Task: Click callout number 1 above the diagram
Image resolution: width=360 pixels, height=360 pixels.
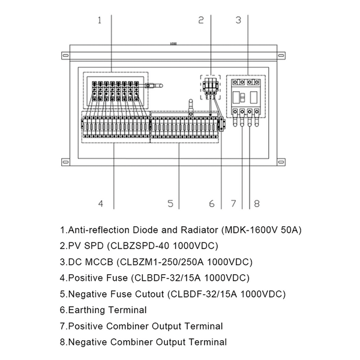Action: (x=100, y=20)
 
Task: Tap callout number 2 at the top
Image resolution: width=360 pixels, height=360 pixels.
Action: (x=201, y=20)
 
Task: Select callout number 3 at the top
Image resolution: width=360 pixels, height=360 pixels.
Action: (x=238, y=20)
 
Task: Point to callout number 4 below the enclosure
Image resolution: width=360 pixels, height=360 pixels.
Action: (x=101, y=204)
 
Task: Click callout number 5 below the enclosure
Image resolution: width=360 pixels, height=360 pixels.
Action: (x=170, y=204)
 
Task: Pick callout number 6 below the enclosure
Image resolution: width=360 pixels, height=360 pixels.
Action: (x=211, y=204)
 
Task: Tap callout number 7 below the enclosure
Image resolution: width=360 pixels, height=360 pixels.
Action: (x=234, y=204)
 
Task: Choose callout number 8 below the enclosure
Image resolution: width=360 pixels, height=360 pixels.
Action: (x=256, y=204)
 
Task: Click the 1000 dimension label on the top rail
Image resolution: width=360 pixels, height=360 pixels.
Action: (x=173, y=44)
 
